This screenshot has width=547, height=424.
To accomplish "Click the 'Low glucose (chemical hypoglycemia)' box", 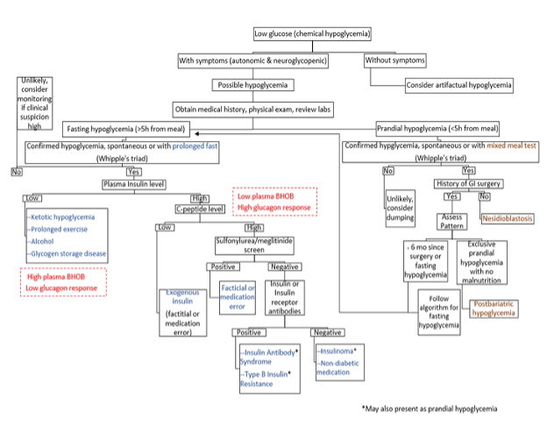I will tap(312, 34).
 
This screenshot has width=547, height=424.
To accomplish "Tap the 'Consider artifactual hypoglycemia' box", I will tap(458, 86).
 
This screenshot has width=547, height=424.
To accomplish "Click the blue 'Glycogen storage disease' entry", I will tap(75, 254).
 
